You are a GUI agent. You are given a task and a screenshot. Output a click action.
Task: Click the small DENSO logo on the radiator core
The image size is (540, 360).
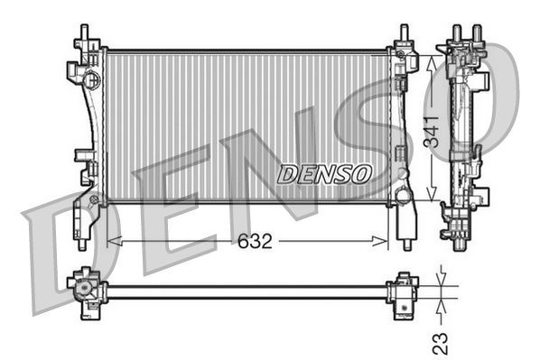pos(323,173)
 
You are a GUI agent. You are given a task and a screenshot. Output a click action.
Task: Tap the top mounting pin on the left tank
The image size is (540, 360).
pos(84,34)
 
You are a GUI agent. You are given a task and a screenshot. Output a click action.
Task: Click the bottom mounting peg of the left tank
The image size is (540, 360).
pos(82,241)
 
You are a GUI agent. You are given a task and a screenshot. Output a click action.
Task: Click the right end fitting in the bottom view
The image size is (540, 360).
pos(399,290)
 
